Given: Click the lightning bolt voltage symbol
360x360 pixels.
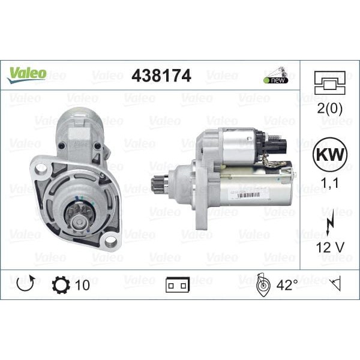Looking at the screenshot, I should click(x=329, y=225).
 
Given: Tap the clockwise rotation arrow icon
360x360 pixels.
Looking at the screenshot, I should click(x=25, y=284).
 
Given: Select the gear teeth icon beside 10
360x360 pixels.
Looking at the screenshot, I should click(x=61, y=284).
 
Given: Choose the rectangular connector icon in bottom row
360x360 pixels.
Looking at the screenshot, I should click(x=178, y=285).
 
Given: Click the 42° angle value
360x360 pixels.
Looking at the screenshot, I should click(x=286, y=284).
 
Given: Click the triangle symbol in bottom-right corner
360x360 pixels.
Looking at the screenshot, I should click(x=336, y=284).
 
